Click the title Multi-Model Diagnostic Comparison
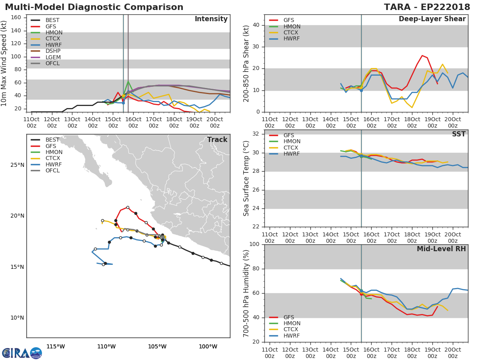(x=94, y=7)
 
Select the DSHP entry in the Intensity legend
(x=53, y=51)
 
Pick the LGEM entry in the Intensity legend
(x=53, y=57)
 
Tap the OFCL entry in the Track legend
(x=53, y=171)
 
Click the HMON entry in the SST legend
(x=292, y=142)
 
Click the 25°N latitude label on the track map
(x=17, y=165)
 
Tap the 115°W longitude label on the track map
(x=56, y=346)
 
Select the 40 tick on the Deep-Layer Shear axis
(x=257, y=25)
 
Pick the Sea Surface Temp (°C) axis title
(x=246, y=178)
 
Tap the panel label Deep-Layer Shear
(x=432, y=19)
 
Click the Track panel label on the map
(x=217, y=140)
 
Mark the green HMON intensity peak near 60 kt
(x=128, y=82)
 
